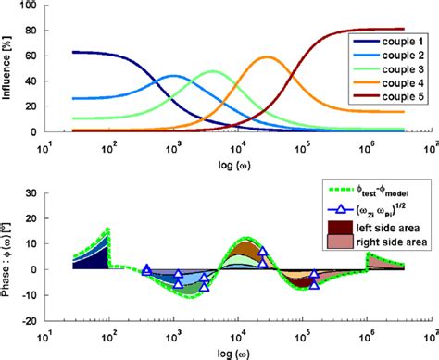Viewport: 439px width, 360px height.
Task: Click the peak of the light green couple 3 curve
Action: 213,71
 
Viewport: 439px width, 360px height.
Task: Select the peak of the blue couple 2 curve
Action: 173,76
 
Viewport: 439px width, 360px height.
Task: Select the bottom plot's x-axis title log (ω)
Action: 237,352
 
